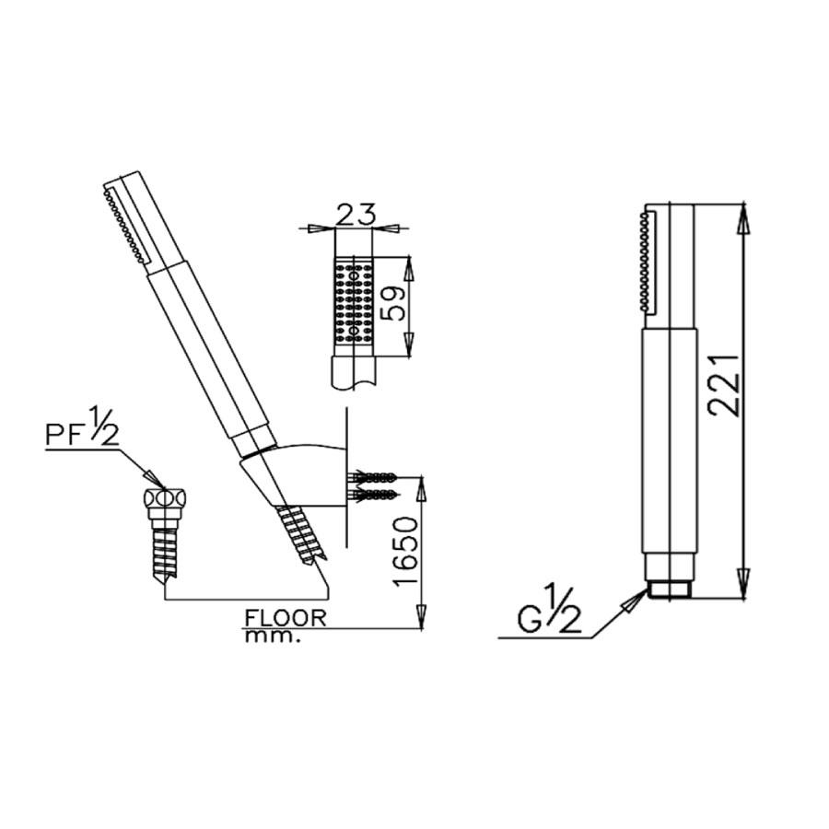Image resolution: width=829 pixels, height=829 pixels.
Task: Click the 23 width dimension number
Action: pos(356,214)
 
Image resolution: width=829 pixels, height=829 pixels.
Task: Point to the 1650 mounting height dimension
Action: pos(405,551)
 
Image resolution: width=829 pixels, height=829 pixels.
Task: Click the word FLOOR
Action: pos(286,618)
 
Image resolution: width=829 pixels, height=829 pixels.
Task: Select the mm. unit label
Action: pos(273,636)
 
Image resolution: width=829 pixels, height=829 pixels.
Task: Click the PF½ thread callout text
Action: pos(82,427)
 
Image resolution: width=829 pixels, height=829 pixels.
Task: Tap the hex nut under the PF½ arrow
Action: pos(166,498)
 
